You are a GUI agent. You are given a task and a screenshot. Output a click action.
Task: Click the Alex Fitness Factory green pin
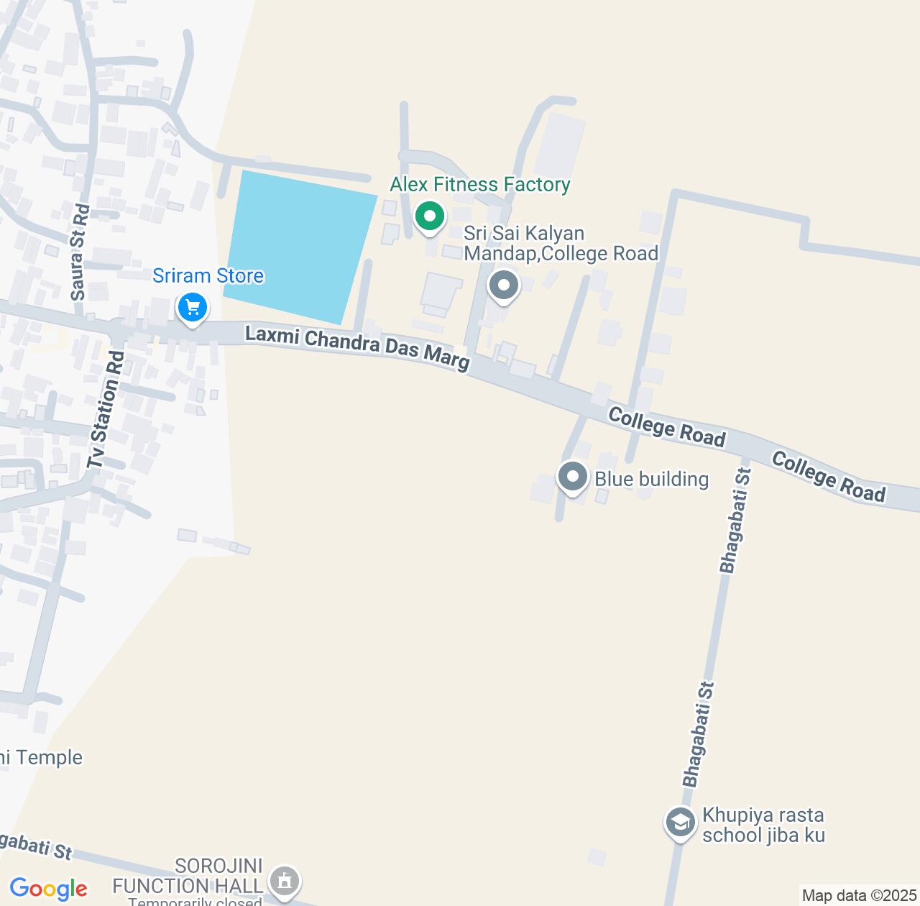click(x=430, y=216)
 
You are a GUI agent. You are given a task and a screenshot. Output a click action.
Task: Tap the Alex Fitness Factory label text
click(x=479, y=185)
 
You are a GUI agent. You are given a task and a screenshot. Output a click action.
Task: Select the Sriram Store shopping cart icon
click(x=192, y=308)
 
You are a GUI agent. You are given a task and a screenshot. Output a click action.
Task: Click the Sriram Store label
click(x=208, y=275)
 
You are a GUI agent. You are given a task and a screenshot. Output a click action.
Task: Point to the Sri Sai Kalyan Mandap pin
click(x=503, y=285)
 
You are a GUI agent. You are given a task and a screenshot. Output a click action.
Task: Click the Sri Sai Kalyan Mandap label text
click(x=561, y=243)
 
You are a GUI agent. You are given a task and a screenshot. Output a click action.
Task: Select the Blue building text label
click(x=651, y=479)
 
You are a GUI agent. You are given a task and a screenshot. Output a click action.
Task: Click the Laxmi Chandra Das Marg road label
click(x=357, y=348)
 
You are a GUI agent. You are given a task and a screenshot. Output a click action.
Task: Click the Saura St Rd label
click(x=80, y=252)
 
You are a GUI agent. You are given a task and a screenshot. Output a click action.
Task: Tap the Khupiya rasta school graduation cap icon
click(x=680, y=823)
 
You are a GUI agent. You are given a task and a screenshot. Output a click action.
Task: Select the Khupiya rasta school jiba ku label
click(x=763, y=825)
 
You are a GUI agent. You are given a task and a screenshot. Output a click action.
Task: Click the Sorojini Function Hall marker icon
click(x=285, y=881)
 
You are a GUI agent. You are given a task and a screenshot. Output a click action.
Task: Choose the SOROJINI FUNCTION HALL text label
click(x=188, y=875)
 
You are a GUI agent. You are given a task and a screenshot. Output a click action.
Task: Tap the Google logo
click(x=48, y=889)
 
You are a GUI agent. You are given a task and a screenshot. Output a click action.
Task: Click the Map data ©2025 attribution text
click(x=858, y=895)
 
